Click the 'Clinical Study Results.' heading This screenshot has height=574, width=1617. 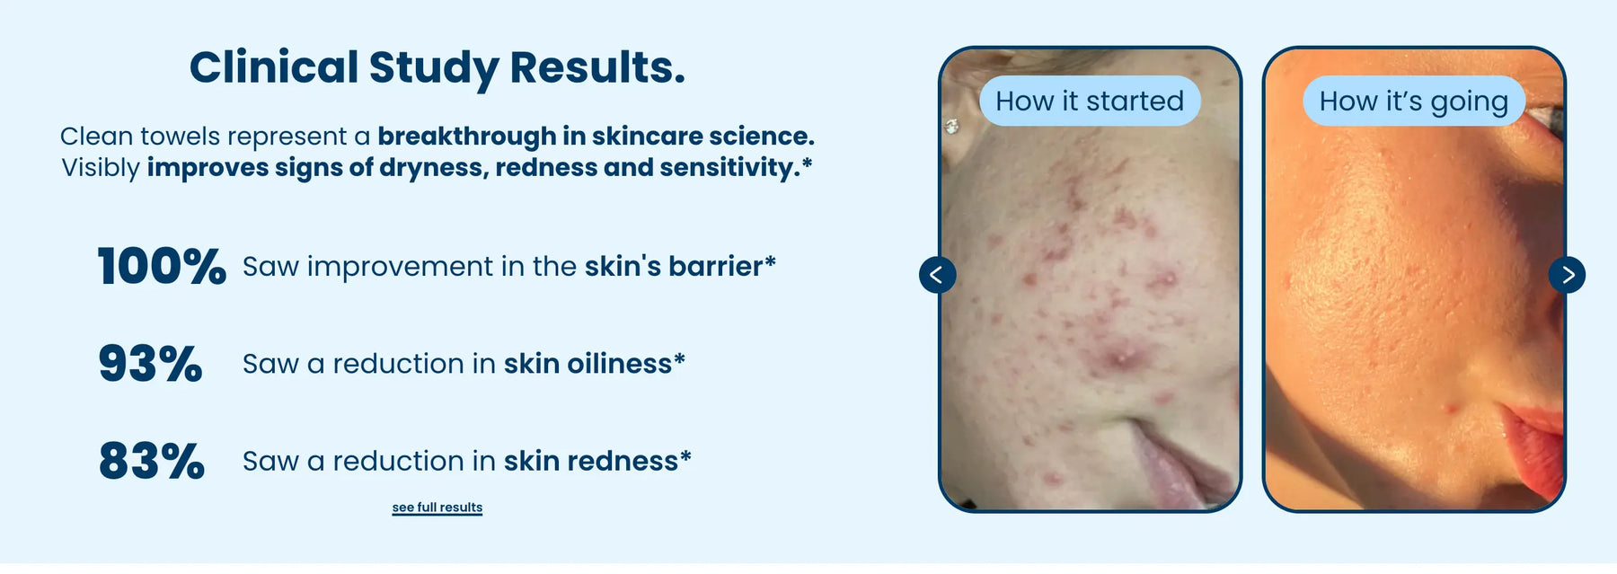click(437, 68)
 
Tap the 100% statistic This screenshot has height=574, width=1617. click(162, 267)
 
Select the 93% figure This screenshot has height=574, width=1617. click(151, 364)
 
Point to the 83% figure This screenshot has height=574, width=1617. click(152, 461)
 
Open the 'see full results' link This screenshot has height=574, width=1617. click(437, 508)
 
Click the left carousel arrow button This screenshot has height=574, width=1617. click(937, 275)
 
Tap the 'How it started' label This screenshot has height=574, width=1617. click(1090, 101)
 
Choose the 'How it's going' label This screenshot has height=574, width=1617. click(1414, 101)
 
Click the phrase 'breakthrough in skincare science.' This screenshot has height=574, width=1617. click(596, 137)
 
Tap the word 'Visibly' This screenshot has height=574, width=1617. click(101, 169)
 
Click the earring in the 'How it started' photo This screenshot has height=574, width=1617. click(952, 127)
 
